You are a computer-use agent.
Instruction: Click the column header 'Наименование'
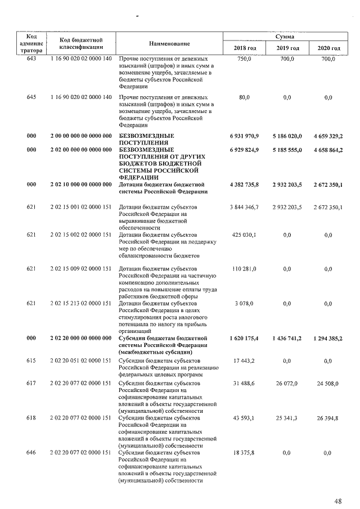pyautogui.click(x=169, y=44)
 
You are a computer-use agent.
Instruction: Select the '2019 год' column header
pyautogui.click(x=287, y=48)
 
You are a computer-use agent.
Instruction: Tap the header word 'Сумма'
pyautogui.click(x=287, y=36)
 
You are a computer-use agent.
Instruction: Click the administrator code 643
pyautogui.click(x=31, y=58)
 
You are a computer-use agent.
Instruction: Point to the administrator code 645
pyautogui.click(x=31, y=97)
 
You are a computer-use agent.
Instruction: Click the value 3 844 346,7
pyautogui.click(x=244, y=208)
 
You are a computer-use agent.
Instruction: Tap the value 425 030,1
pyautogui.click(x=244, y=235)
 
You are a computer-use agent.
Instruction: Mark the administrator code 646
pyautogui.click(x=31, y=453)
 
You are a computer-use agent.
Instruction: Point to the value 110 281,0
pyautogui.click(x=244, y=269)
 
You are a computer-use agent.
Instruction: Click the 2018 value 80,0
pyautogui.click(x=244, y=97)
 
